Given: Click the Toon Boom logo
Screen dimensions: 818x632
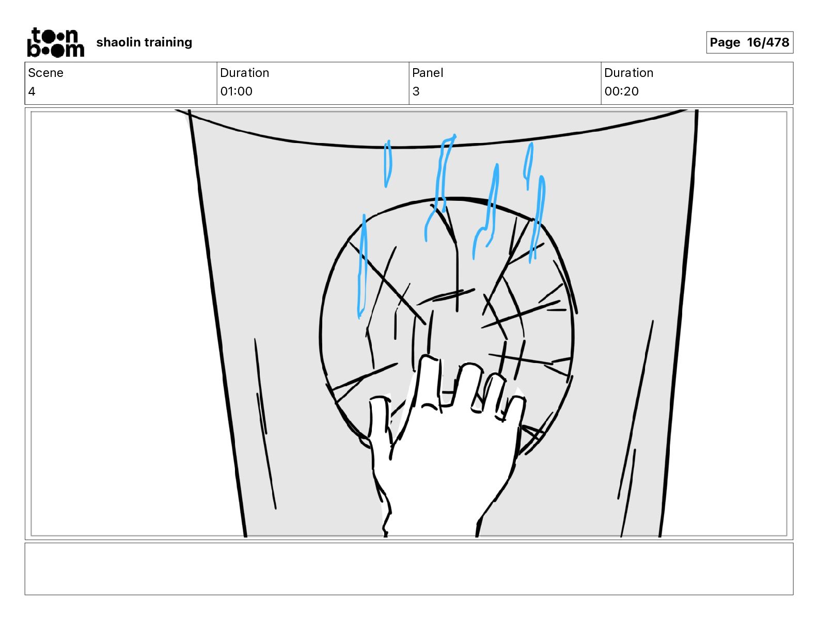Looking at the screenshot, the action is [x=56, y=42].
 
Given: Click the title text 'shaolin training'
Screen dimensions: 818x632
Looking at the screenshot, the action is [x=144, y=42].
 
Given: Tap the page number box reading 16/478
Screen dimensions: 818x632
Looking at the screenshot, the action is [x=749, y=42].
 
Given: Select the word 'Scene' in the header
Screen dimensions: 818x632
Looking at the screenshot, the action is [x=45, y=73].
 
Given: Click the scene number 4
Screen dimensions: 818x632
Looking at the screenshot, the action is [x=32, y=91].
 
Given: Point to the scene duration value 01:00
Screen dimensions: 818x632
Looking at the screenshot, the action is [x=237, y=91].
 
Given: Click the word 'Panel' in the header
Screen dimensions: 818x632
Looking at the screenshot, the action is [x=428, y=73].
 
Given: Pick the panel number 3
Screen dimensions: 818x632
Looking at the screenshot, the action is [x=416, y=91].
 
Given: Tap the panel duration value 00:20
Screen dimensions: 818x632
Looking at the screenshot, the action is [x=621, y=91].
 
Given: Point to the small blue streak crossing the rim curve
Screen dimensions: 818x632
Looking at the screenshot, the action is [x=388, y=164].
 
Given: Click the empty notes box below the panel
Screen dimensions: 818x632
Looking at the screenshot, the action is [x=409, y=569].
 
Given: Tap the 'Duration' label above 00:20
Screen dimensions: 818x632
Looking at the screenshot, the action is [x=628, y=73].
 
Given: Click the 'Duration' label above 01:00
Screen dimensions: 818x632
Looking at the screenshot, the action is [x=245, y=73].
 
